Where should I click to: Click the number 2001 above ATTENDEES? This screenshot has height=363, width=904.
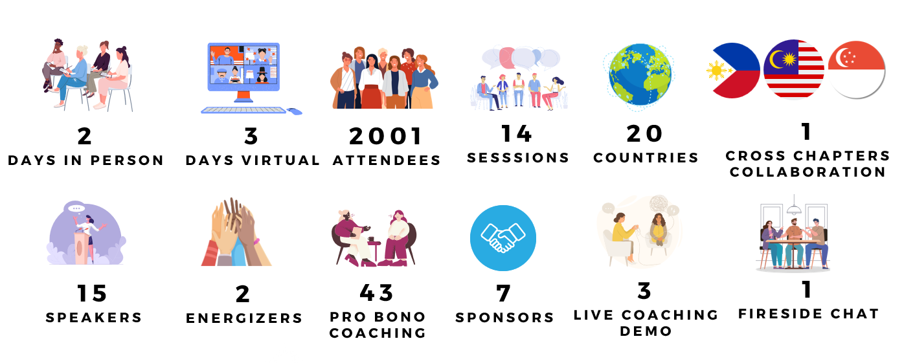click(x=385, y=136)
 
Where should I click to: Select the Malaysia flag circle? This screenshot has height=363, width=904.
click(x=794, y=69)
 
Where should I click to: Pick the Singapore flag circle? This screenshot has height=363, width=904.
click(x=856, y=70)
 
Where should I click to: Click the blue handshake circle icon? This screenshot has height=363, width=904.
click(x=503, y=238)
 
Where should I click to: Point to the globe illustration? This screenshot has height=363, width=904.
click(x=640, y=77)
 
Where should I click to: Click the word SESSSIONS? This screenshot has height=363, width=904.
click(x=518, y=158)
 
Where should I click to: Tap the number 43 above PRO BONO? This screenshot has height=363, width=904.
click(x=376, y=292)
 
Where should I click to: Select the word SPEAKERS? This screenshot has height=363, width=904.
click(x=94, y=318)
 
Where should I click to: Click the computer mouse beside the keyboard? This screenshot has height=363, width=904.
click(x=295, y=111)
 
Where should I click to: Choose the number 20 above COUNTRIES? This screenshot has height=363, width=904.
click(x=644, y=133)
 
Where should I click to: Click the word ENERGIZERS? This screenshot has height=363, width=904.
click(x=244, y=318)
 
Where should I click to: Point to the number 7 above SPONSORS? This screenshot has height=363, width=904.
click(x=504, y=293)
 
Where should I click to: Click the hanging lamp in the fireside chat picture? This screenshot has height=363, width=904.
click(x=794, y=206)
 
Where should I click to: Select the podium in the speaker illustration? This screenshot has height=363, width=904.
click(x=81, y=246)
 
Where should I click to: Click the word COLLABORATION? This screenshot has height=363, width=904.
click(x=808, y=172)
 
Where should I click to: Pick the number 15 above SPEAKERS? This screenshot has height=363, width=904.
click(x=92, y=293)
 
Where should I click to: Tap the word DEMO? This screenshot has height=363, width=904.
click(x=646, y=331)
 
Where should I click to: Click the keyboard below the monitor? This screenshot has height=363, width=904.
click(x=243, y=110)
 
